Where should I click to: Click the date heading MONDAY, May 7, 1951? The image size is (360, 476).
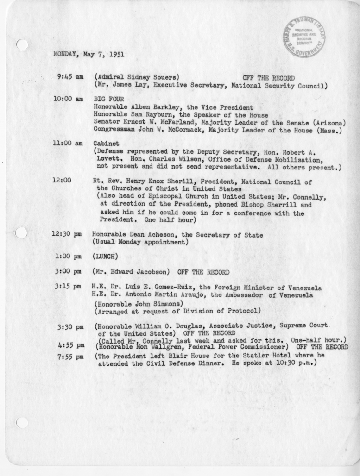coord(88,54)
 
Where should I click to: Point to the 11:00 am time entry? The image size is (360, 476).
coord(68,144)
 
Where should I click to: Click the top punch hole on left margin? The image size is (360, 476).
coord(22,45)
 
